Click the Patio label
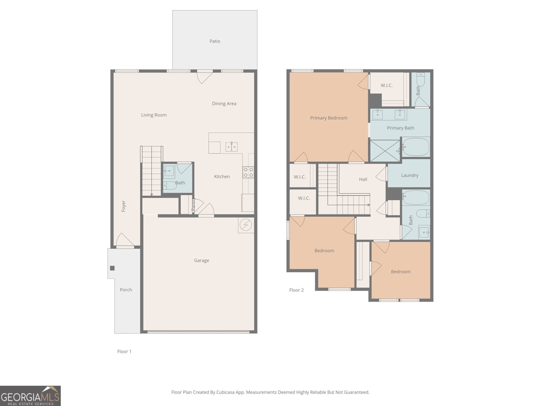point(215,41)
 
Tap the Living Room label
point(154,115)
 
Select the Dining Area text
point(224,104)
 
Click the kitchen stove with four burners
point(248,173)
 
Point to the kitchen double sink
point(232,147)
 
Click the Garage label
point(202,261)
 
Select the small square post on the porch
point(112,268)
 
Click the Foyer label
point(123,206)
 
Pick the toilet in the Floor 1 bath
point(170,186)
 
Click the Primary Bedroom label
point(329,118)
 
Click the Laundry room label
point(409,175)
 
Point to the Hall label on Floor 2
point(363,179)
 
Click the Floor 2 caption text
point(296,290)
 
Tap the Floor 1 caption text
point(124,352)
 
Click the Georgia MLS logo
point(30,396)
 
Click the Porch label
point(126,290)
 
